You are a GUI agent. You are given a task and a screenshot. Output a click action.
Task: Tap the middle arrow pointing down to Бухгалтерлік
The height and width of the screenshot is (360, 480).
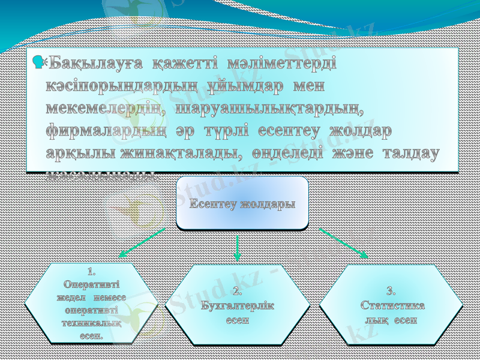pos(238,247)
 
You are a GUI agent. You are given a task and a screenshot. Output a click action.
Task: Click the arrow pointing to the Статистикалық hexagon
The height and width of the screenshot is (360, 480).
pos(343,242)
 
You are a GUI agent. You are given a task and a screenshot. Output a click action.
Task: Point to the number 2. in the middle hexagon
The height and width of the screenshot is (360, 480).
pos(238,292)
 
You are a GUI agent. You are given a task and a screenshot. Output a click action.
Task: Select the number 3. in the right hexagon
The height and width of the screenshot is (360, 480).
pos(391,292)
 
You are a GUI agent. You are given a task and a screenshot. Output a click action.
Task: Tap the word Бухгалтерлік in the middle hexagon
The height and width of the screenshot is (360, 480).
pos(238,305)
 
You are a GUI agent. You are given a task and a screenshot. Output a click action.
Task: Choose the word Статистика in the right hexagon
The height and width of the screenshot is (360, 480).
pos(393,305)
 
